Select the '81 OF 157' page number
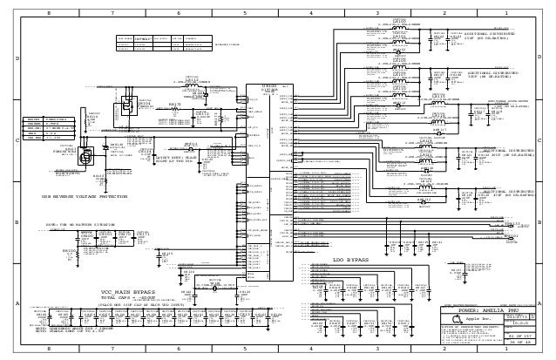519,336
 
